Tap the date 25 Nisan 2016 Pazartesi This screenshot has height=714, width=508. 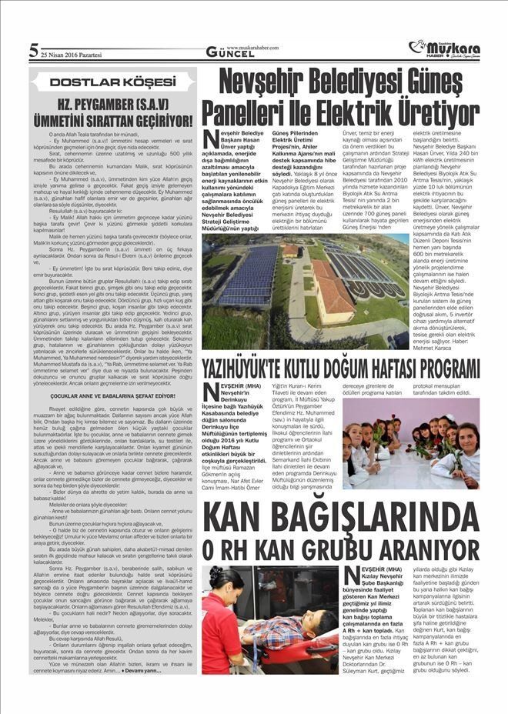(72, 55)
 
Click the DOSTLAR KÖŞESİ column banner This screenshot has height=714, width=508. (112, 82)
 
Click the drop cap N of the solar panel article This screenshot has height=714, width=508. (211, 138)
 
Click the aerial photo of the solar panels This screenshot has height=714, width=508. (306, 291)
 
